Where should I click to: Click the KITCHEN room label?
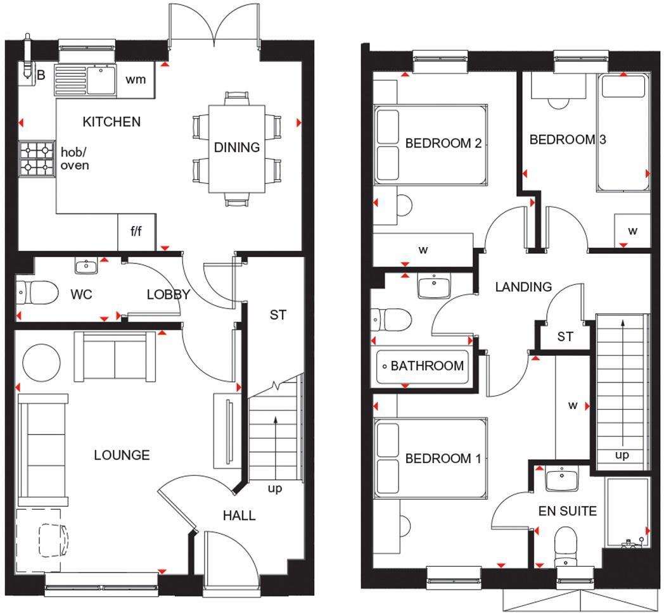(112, 122)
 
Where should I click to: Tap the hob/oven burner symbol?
(36, 159)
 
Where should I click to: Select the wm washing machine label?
(136, 79)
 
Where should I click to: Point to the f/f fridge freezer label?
(136, 231)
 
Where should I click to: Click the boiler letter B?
(41, 75)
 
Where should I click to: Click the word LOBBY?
(169, 294)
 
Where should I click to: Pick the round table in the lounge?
(42, 363)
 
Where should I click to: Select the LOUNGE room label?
(122, 455)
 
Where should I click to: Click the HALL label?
(239, 515)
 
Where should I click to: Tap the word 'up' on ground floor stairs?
(275, 489)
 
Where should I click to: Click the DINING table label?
(237, 148)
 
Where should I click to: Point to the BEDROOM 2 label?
(444, 143)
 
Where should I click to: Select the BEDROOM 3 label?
(568, 139)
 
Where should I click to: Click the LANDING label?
(523, 287)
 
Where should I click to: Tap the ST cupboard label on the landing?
(565, 337)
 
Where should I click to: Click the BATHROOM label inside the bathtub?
(427, 366)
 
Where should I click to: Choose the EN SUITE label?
(568, 511)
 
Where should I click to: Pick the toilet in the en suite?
(566, 546)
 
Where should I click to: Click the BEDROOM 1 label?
(444, 458)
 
